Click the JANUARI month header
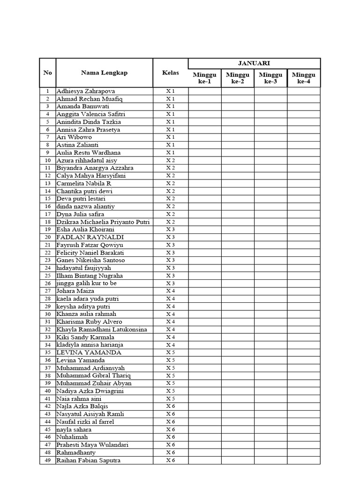(254, 63)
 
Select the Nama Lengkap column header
(104, 73)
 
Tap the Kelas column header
(171, 73)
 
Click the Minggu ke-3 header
(270, 78)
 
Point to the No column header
(47, 73)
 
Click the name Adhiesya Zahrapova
(86, 91)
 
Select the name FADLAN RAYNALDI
(83, 237)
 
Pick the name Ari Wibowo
(74, 137)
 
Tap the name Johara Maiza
(75, 291)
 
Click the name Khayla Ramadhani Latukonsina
(102, 329)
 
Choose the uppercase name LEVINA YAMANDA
(89, 352)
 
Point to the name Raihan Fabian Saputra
(88, 460)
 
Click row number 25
(47, 276)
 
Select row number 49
(47, 460)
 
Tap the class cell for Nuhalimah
(171, 437)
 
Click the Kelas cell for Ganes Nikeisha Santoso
(171, 260)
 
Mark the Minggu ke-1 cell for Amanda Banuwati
(205, 106)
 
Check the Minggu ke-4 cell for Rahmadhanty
(304, 452)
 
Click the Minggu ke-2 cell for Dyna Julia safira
(238, 214)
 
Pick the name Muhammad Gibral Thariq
(94, 375)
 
